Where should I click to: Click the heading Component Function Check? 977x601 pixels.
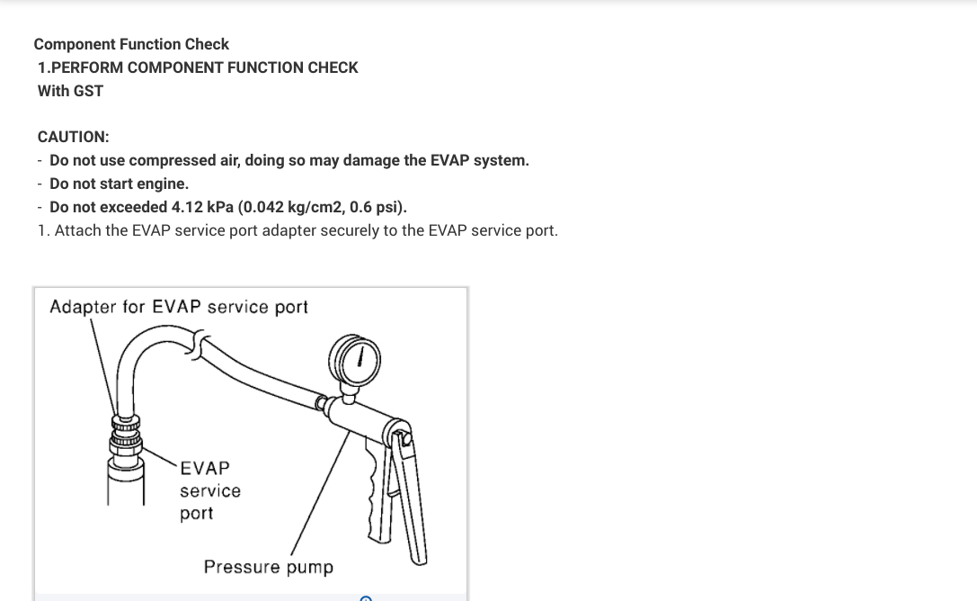click(131, 44)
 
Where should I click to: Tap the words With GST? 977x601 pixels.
click(70, 91)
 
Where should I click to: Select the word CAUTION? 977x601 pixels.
click(73, 137)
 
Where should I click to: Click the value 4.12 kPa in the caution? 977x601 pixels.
click(202, 207)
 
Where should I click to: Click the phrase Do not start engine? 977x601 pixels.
click(119, 184)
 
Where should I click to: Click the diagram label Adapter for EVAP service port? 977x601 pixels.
click(179, 307)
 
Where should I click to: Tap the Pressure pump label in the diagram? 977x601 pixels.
click(268, 567)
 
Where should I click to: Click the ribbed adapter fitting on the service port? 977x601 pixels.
click(126, 433)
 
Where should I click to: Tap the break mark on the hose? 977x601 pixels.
click(200, 344)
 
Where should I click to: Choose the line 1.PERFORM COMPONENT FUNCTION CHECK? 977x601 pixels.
click(198, 67)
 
